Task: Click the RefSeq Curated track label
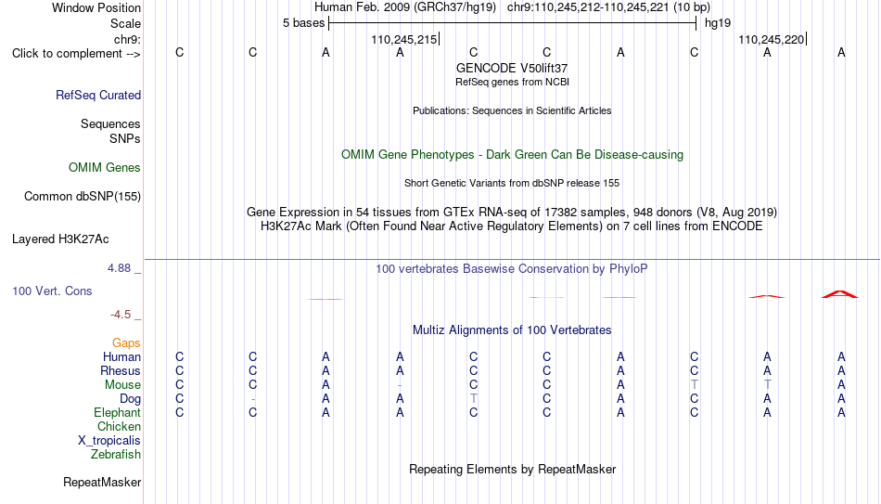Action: [98, 95]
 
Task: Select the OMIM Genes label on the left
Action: [105, 168]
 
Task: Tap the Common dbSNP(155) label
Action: [83, 197]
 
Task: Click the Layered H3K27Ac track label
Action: [60, 239]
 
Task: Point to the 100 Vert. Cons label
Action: [52, 291]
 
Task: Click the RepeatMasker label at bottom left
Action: [102, 482]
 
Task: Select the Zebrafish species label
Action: [116, 454]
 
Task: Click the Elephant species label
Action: [118, 412]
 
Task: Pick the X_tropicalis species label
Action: [109, 441]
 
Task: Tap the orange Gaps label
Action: [126, 342]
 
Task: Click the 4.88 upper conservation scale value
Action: [119, 268]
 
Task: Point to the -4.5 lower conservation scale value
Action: [121, 315]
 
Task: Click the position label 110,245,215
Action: [404, 39]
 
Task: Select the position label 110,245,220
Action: [771, 39]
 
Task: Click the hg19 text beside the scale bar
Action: [718, 23]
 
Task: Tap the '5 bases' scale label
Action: [303, 23]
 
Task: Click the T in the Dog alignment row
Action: [474, 398]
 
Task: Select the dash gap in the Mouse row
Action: [400, 385]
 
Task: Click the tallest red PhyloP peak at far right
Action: [840, 293]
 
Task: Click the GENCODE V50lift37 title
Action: [512, 68]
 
